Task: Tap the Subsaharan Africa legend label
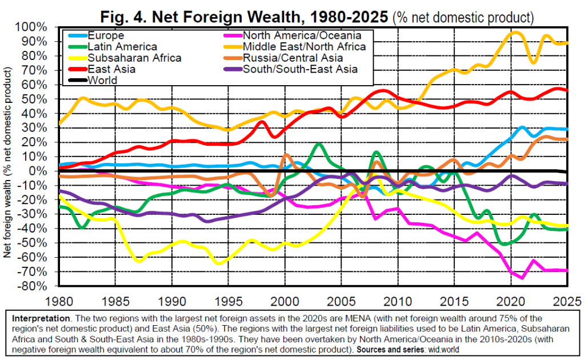coord(135,58)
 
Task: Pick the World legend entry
coord(103,80)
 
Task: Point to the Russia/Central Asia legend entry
coord(293,58)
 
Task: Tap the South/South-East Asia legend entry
coord(300,69)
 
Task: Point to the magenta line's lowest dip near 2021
coord(522,278)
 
